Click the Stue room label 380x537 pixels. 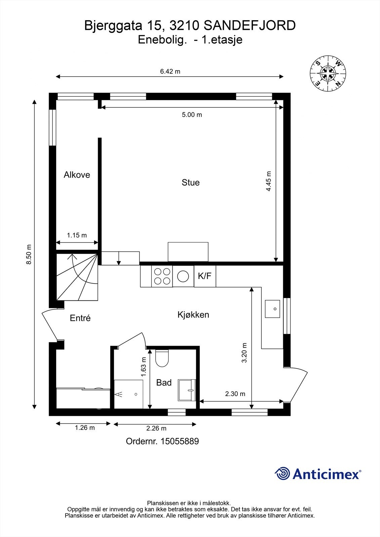pyautogui.click(x=191, y=183)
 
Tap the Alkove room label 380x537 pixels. pyautogui.click(x=77, y=175)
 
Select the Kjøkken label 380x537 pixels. pyautogui.click(x=193, y=315)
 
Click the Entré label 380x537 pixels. pyautogui.click(x=80, y=318)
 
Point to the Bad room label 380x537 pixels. pyautogui.click(x=164, y=383)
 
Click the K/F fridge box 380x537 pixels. pyautogui.click(x=205, y=276)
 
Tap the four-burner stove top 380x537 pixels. pyautogui.click(x=162, y=276)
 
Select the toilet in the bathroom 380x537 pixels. pyautogui.click(x=162, y=358)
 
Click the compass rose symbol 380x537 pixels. pyautogui.click(x=328, y=73)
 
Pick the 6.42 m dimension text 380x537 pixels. pyautogui.click(x=170, y=71)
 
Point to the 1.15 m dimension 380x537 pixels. pyautogui.click(x=77, y=235)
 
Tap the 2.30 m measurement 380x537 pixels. pyautogui.click(x=235, y=394)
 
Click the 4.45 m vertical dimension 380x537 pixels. pyautogui.click(x=269, y=182)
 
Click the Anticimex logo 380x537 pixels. pyautogui.click(x=318, y=474)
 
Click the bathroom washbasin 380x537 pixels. pyautogui.click(x=187, y=390)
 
